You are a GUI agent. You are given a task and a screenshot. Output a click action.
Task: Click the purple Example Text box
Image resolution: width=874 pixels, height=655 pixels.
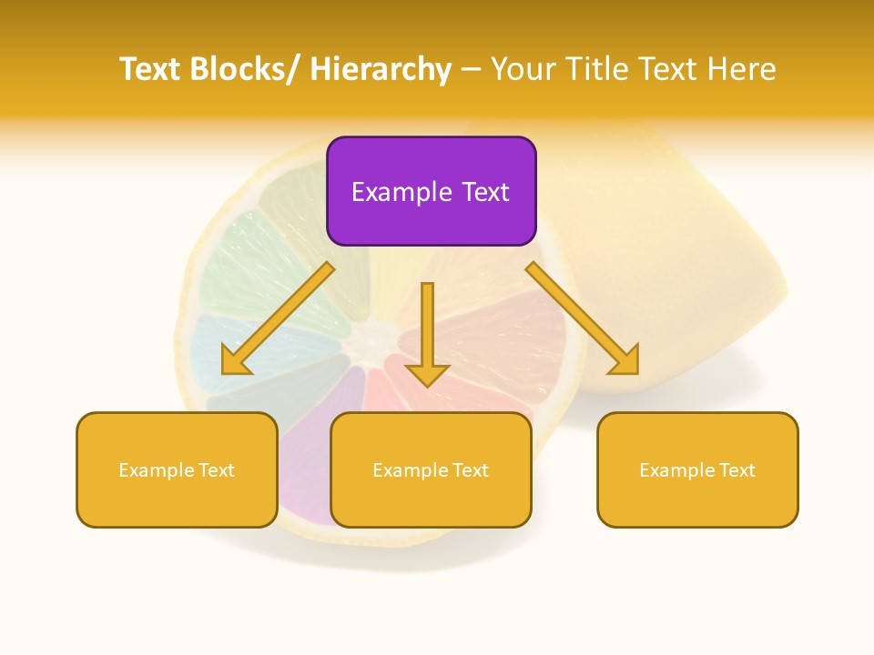[x=431, y=191]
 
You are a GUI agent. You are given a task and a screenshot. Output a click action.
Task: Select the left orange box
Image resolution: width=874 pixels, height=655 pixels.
[x=177, y=469]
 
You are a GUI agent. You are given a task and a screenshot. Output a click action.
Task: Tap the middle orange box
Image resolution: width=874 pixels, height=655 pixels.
[x=431, y=469]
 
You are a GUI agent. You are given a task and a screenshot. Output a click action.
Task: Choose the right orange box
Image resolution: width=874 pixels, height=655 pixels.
[x=697, y=469]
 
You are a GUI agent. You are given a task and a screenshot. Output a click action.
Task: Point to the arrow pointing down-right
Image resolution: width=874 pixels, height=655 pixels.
[x=583, y=318]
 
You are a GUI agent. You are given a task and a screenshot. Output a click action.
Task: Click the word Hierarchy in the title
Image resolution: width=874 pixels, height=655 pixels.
[x=381, y=69]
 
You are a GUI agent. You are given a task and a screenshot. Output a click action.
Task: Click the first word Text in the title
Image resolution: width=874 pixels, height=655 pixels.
[x=151, y=69]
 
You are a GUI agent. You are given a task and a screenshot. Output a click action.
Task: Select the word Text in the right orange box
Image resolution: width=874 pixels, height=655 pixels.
[x=737, y=470]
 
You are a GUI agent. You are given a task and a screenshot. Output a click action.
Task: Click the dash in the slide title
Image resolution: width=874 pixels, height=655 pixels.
[x=471, y=70]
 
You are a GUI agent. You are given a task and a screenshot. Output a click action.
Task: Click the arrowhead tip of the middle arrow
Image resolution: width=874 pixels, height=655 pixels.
[x=427, y=386]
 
